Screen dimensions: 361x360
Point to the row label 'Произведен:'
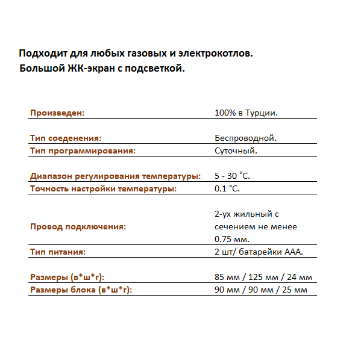click(x=58, y=113)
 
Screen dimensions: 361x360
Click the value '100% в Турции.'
click(x=245, y=113)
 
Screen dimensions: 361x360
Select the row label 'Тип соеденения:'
click(x=66, y=138)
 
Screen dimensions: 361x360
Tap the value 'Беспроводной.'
click(x=245, y=138)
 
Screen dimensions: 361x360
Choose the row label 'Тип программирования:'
click(x=83, y=151)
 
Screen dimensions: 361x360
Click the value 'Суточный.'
click(x=236, y=151)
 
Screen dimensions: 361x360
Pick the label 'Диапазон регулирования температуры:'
click(x=115, y=176)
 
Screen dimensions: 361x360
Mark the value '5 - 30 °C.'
click(x=232, y=176)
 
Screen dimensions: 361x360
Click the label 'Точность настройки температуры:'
click(x=103, y=189)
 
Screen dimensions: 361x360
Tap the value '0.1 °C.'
click(x=227, y=189)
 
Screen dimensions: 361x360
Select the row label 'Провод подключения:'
click(x=78, y=227)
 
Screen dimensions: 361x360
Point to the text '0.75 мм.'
click(x=231, y=239)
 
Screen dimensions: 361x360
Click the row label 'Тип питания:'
click(x=58, y=252)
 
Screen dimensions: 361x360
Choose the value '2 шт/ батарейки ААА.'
click(x=258, y=252)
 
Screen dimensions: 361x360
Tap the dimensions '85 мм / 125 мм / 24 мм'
click(x=263, y=277)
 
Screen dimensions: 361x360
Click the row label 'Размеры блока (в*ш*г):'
click(x=81, y=290)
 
